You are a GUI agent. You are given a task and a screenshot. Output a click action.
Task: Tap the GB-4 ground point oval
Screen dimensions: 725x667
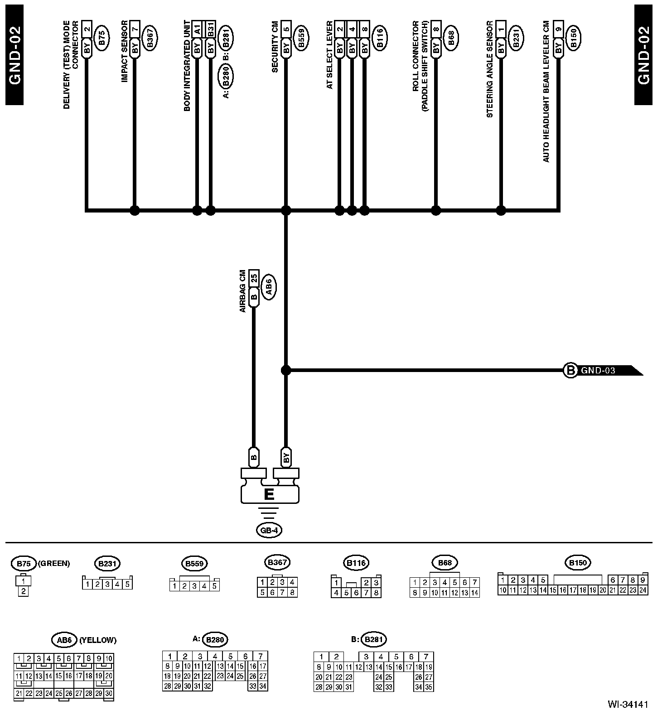pyautogui.click(x=269, y=530)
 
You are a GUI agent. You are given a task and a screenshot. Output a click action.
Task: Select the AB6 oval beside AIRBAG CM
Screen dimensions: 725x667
pyautogui.click(x=269, y=285)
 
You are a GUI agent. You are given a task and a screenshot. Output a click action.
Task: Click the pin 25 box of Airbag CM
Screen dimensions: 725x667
pyautogui.click(x=254, y=277)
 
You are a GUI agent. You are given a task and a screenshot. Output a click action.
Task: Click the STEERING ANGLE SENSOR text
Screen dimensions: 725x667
pyautogui.click(x=489, y=69)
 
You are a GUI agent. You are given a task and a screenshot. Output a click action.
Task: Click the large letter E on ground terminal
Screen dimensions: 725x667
pyautogui.click(x=269, y=494)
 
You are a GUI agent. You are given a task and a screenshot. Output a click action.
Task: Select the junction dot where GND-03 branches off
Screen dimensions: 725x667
pyautogui.click(x=285, y=371)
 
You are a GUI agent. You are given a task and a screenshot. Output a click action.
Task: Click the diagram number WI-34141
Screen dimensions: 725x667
pyautogui.click(x=628, y=705)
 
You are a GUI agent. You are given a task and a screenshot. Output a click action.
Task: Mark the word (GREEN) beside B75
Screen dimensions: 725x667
pyautogui.click(x=54, y=564)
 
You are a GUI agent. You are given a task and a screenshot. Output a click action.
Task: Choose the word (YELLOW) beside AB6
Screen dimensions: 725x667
pyautogui.click(x=98, y=640)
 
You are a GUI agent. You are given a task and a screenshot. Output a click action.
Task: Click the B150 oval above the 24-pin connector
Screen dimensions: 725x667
pyautogui.click(x=577, y=563)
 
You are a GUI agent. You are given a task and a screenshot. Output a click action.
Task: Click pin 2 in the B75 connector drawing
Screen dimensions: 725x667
pyautogui.click(x=23, y=591)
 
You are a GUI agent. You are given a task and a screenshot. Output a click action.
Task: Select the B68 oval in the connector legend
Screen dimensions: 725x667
pyautogui.click(x=445, y=563)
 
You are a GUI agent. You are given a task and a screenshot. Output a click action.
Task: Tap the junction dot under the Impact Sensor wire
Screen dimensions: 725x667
pyautogui.click(x=134, y=210)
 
